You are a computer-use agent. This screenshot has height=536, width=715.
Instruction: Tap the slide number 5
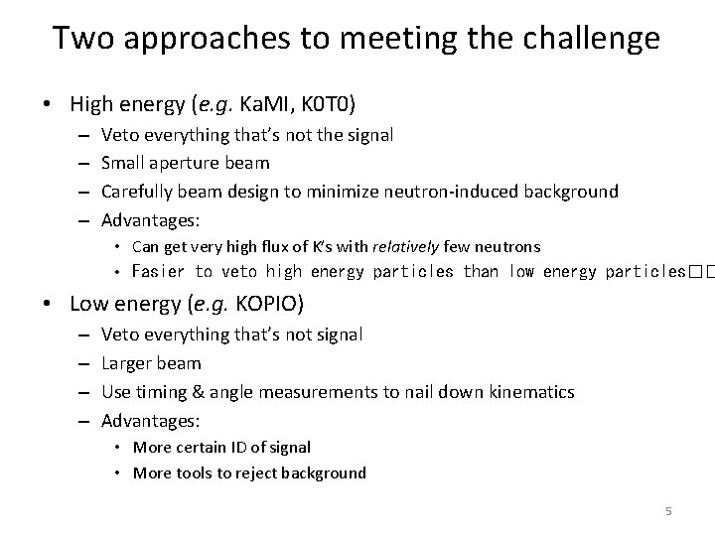click(x=668, y=510)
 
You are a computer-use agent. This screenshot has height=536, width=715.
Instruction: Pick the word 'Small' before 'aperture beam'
click(x=124, y=163)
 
